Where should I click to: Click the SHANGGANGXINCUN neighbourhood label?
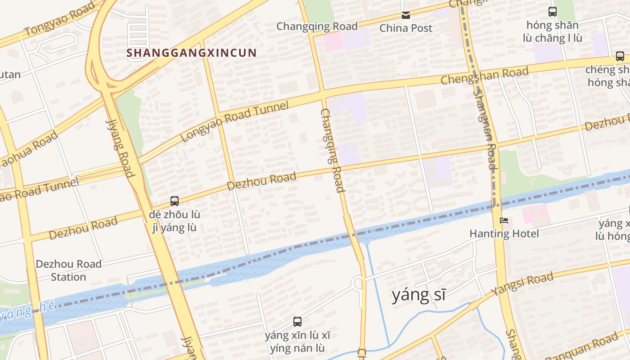coord(191,53)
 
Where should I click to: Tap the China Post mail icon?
coord(406,15)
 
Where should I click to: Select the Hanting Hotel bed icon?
coord(504,221)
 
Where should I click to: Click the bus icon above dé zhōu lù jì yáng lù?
coord(175,201)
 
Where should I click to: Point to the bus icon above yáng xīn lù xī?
coord(297,322)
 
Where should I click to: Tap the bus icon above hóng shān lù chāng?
coord(553,12)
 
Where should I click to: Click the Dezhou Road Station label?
coord(68,270)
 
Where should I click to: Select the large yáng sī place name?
coord(418,295)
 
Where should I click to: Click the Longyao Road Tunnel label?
coord(234,121)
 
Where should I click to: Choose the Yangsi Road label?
coord(522,284)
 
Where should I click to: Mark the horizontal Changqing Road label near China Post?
coord(317,26)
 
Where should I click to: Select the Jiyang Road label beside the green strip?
coord(120,148)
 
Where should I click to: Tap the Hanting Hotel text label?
coord(504,234)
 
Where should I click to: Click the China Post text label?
coord(406,28)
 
